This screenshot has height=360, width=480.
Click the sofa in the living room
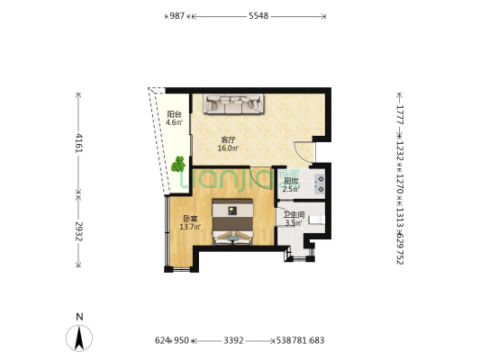coord(232,104)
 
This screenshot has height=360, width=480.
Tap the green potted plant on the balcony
coord(178,165)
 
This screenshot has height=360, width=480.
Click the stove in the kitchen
coord(320,183)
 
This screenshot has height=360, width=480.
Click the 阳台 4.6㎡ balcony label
coord(175,118)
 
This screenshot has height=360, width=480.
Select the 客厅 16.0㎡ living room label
coord(229,144)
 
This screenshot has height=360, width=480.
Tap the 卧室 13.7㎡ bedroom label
coord(189,222)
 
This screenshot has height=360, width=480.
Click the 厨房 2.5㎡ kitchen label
coord(290,184)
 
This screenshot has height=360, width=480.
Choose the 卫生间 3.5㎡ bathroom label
coord(294,219)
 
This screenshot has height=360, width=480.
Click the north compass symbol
coord(81,337)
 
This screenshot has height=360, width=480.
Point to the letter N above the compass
coord(80,317)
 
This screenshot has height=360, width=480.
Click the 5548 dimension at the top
coord(258,16)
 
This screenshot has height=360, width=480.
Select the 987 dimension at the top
coord(177,16)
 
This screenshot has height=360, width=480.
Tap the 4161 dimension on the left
coord(79,143)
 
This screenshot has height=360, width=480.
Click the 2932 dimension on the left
coord(79,231)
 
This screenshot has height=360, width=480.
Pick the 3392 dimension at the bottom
coord(232,341)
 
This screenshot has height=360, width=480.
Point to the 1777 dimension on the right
coord(399,115)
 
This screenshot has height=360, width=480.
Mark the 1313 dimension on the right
coord(399,220)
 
